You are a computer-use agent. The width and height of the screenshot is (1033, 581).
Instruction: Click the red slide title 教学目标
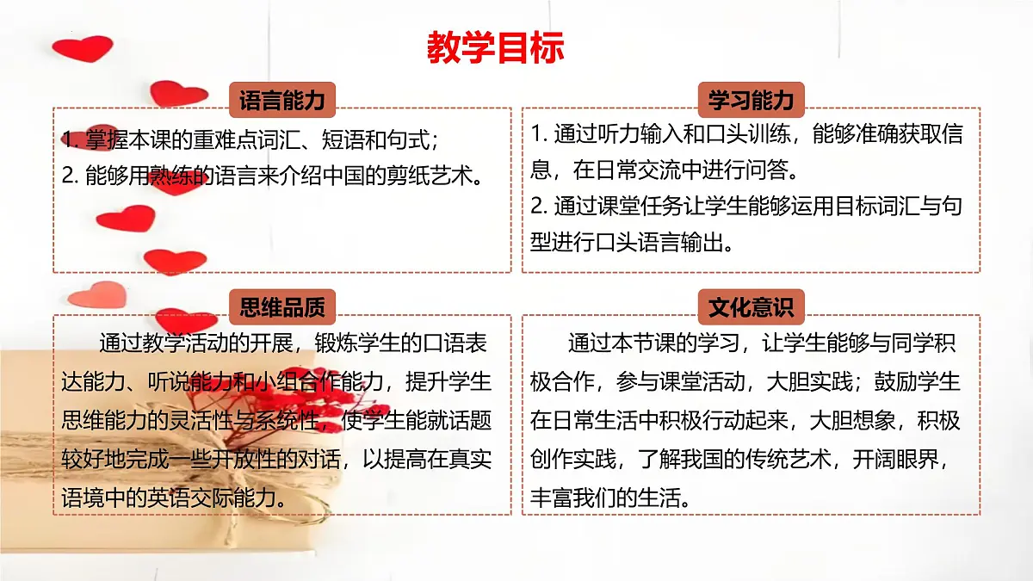click(495, 48)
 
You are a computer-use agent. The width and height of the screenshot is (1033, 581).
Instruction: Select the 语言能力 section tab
click(281, 101)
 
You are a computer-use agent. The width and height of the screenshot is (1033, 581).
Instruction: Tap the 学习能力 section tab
click(751, 101)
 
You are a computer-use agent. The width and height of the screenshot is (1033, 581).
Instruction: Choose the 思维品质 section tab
click(281, 306)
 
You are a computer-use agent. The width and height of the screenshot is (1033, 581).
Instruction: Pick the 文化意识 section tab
click(751, 306)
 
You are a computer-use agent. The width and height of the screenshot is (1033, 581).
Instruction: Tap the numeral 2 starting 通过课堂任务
click(537, 207)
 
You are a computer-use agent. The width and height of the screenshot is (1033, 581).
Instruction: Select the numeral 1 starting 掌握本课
click(69, 139)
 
